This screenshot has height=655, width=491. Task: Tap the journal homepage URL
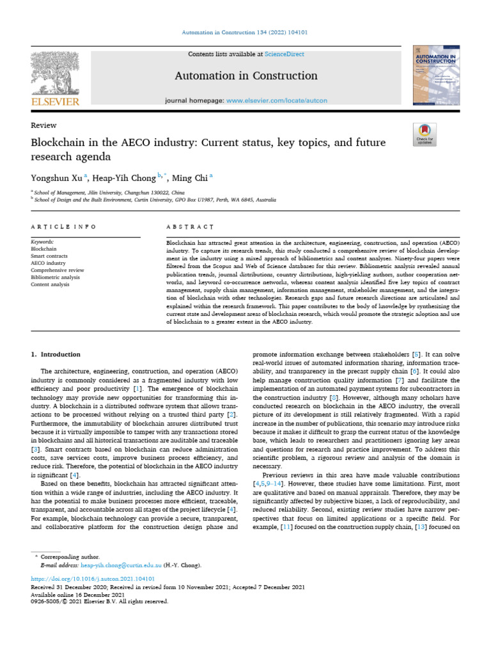[x=277, y=101]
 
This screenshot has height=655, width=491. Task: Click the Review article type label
[x=43, y=125]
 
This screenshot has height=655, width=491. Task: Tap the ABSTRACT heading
[x=189, y=227]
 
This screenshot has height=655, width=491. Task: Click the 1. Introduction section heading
[x=56, y=354]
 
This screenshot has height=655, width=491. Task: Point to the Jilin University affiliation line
[x=109, y=192]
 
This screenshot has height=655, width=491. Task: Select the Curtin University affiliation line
[x=155, y=200]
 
